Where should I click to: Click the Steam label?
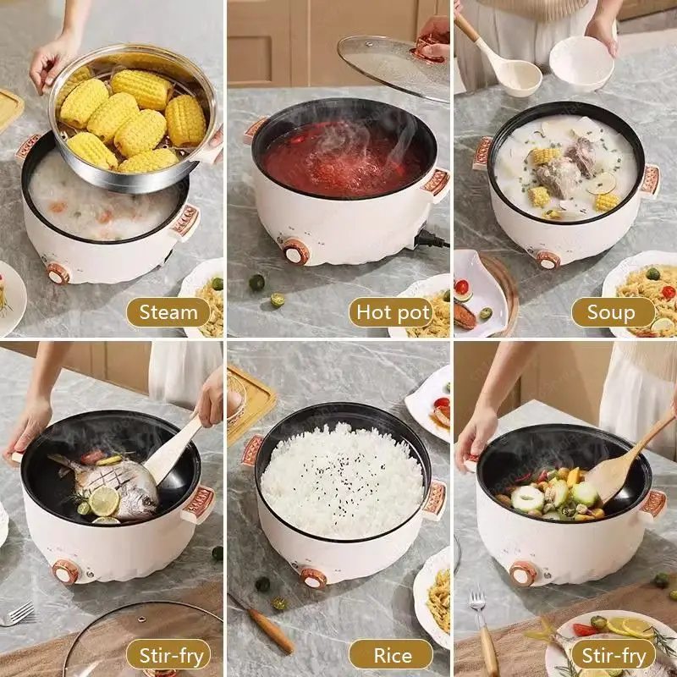coord(168,312)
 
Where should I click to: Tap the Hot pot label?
coord(394,312)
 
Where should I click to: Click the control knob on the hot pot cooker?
coord(295,251)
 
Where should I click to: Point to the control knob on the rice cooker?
coord(313,578)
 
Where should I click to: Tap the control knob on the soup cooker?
coord(548,261)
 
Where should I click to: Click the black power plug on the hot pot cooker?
coord(430,239)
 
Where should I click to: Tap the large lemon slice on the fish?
coord(103,501)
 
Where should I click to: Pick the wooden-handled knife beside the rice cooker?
coord(262,623)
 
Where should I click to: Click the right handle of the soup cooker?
coord(650,180)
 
